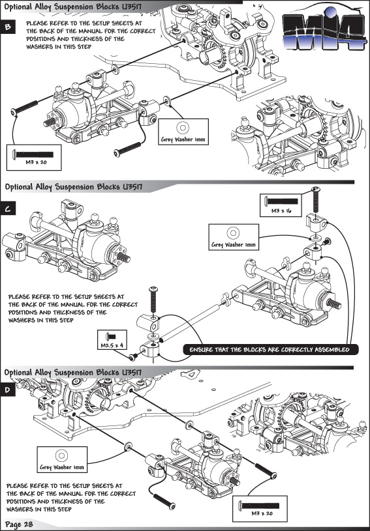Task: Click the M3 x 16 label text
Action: [281, 210]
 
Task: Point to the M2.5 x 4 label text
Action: [112, 345]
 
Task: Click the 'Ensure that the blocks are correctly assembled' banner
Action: [271, 350]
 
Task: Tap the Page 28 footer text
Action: [19, 524]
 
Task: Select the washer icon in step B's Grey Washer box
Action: [183, 128]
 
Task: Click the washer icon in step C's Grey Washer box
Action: [234, 233]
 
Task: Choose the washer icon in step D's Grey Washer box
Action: [62, 455]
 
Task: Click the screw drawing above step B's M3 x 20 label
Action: [33, 155]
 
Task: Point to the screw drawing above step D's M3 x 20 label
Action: [259, 506]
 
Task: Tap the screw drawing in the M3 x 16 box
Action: [281, 201]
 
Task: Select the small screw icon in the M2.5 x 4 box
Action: [111, 337]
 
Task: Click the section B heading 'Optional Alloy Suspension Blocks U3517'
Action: [73, 7]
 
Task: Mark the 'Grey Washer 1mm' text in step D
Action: [62, 467]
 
